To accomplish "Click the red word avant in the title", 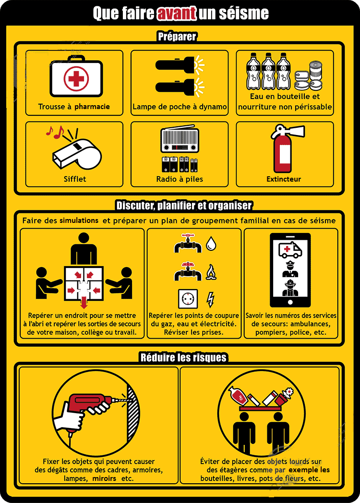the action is pos(176,13).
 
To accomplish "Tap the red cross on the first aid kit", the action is pos(76,78).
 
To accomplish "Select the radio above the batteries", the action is pos(180,139).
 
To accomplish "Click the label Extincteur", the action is pos(284,179).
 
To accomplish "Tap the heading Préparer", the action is pos(177,36).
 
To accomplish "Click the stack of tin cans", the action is pos(309,76).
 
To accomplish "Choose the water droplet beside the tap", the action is pos(211,243).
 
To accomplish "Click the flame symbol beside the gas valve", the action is pos(211,272).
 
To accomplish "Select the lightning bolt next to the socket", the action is pos(210,299).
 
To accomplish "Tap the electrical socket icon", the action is pos(188,299).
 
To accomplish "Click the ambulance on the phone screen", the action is pos(290,249).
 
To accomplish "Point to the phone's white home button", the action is pos(290,302).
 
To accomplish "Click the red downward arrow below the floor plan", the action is pos(84,302).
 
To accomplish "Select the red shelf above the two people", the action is pos(260,408).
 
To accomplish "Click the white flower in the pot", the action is pos(289,392).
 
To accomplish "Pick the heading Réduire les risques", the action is pos(183,357).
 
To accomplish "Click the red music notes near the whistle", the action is pos(55,132).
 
